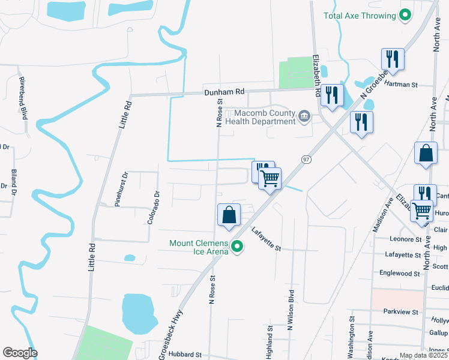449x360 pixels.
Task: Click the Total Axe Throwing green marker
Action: pyautogui.click(x=405, y=16)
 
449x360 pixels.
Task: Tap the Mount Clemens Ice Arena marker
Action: pyautogui.click(x=237, y=247)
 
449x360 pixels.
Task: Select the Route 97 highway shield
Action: pyautogui.click(x=306, y=159)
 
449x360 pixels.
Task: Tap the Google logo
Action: pyautogui.click(x=20, y=353)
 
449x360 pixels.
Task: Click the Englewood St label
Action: pyautogui.click(x=400, y=273)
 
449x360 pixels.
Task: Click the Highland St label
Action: pyautogui.click(x=270, y=343)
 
